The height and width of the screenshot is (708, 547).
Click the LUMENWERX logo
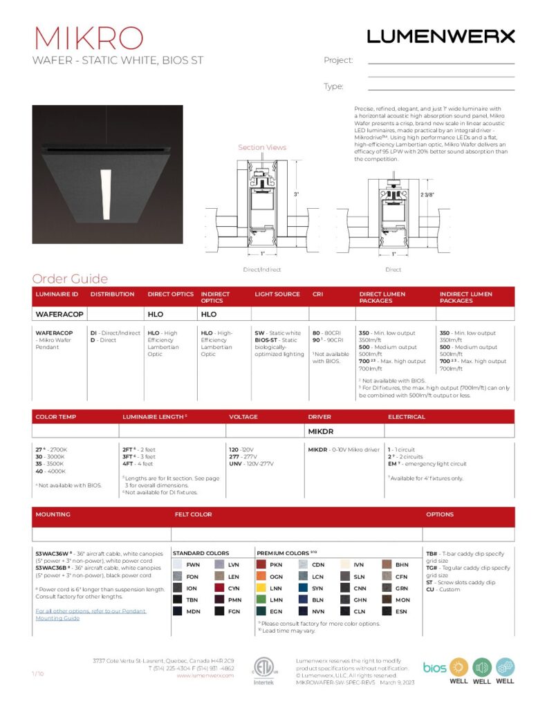point(441,37)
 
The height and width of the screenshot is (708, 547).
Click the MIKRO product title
point(88,37)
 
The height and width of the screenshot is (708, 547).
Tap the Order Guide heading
point(70,279)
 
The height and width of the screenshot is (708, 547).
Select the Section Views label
point(262,147)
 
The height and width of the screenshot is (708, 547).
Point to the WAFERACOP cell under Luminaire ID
point(59,314)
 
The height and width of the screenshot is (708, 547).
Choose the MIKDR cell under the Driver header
point(321,431)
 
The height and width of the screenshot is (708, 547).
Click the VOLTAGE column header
point(243,417)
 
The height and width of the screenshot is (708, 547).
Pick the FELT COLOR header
point(194,514)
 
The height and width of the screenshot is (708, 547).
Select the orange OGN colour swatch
point(261,577)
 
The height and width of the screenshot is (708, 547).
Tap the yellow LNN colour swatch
point(261,588)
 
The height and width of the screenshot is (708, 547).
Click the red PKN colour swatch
point(261,565)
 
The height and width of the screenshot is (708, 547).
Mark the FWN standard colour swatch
point(178,565)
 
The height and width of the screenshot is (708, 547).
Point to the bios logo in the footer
point(434,667)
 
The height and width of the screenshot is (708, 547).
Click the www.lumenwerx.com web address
point(205,676)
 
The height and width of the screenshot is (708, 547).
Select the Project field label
point(338,60)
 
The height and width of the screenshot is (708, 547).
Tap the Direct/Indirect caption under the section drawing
point(262,269)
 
